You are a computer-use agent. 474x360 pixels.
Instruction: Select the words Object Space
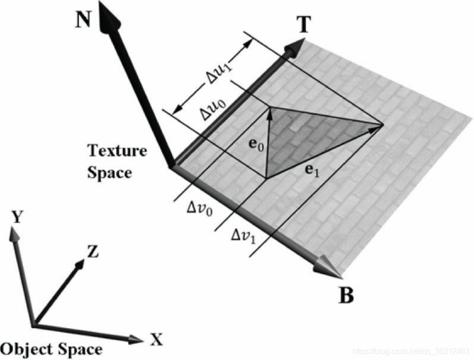click(x=51, y=349)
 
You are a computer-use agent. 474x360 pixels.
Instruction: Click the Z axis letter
click(x=93, y=251)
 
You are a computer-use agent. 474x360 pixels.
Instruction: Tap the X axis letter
click(x=155, y=341)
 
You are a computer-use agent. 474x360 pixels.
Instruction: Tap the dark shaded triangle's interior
click(x=307, y=139)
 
